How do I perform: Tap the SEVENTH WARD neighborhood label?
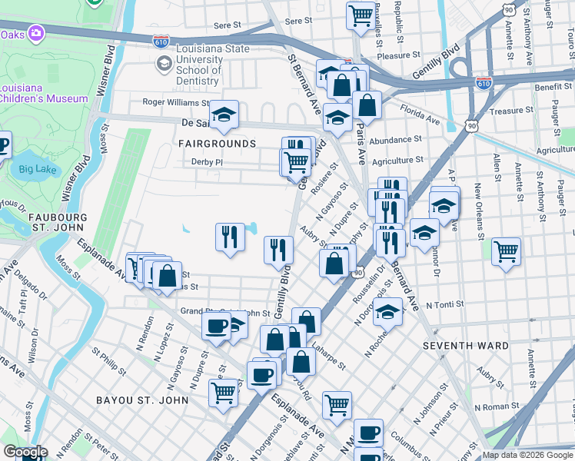click(465, 346)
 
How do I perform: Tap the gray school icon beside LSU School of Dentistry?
click(163, 65)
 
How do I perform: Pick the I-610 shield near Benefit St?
click(484, 81)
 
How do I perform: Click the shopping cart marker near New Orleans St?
click(506, 250)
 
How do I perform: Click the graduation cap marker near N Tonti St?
click(389, 312)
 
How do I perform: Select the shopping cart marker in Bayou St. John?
click(223, 393)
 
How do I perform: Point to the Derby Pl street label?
click(207, 162)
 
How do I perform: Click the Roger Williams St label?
click(176, 102)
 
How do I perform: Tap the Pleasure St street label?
click(398, 55)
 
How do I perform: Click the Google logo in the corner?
click(25, 453)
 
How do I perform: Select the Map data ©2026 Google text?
click(527, 455)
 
